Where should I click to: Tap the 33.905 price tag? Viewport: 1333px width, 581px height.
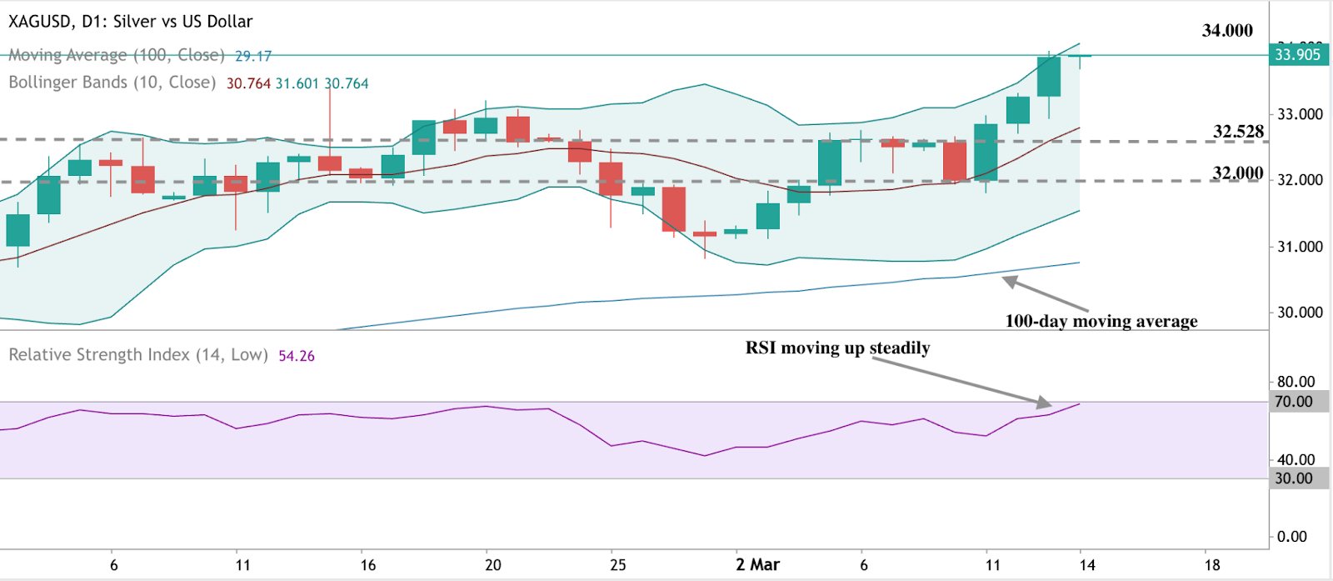tap(1298, 55)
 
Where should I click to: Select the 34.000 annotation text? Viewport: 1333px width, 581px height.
tap(1226, 31)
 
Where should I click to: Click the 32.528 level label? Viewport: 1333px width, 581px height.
tap(1238, 132)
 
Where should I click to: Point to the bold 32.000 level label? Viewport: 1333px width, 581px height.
tap(1238, 173)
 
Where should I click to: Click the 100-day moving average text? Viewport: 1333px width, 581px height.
tap(1101, 321)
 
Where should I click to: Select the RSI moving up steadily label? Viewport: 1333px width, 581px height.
tap(837, 348)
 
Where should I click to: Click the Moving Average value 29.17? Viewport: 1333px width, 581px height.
tap(253, 56)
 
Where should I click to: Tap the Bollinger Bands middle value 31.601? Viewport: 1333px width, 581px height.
tap(297, 83)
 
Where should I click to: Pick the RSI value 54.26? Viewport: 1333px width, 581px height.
tap(297, 356)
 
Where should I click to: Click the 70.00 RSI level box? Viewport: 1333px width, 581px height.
tap(1294, 402)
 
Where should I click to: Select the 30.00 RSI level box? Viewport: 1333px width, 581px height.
tap(1294, 478)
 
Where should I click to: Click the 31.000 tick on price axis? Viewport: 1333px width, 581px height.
tap(1300, 247)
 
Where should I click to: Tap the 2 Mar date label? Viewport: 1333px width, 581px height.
tap(757, 564)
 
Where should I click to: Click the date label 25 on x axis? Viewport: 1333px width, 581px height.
tap(617, 564)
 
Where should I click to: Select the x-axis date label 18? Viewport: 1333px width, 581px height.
tap(1211, 564)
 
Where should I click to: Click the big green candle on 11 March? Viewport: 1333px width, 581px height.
tap(986, 153)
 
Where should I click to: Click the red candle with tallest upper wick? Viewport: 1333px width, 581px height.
tap(330, 163)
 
